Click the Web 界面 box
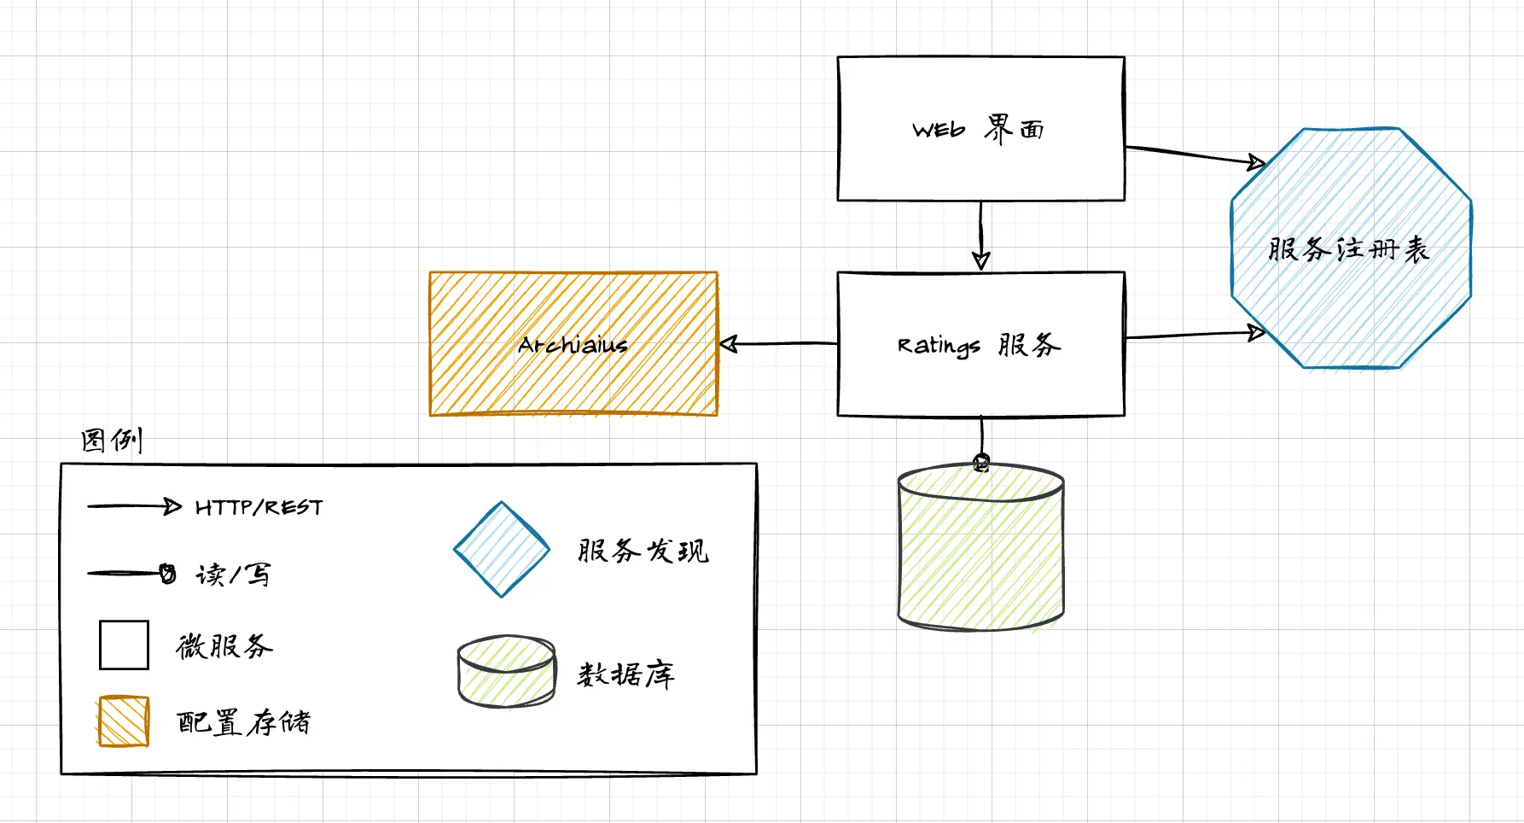click(x=980, y=129)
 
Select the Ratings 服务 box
click(x=980, y=344)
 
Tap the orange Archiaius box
click(x=573, y=344)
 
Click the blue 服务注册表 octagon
click(x=1351, y=248)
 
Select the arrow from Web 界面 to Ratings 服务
click(x=980, y=235)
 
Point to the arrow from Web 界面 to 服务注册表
click(x=1195, y=155)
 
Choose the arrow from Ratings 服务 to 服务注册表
click(x=1195, y=336)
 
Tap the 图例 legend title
click(x=112, y=441)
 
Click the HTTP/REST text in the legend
click(x=259, y=508)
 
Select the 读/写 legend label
click(x=233, y=575)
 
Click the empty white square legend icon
click(x=124, y=645)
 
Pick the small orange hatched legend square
click(x=124, y=722)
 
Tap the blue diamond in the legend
click(x=502, y=550)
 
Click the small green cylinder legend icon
click(x=506, y=672)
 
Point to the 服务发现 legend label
click(x=643, y=551)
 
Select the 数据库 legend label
click(x=626, y=674)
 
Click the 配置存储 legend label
click(x=243, y=723)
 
